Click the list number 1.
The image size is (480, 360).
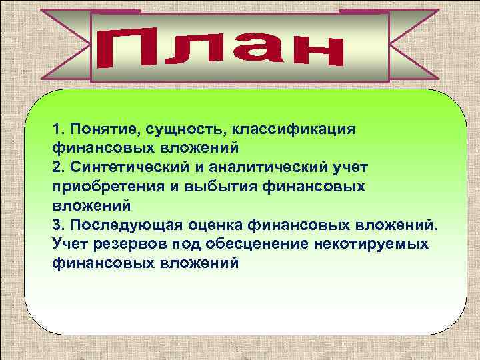pos(57,127)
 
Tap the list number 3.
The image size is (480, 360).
pos(57,224)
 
